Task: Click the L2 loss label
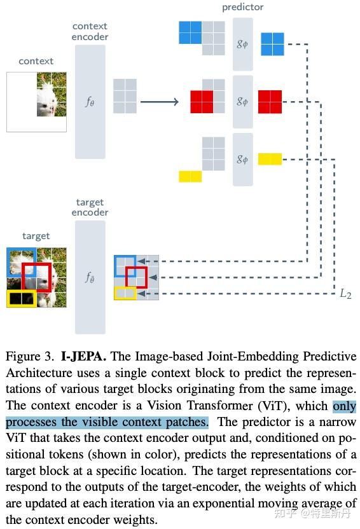click(344, 293)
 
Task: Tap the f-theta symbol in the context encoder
click(90, 101)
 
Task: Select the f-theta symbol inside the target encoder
click(90, 277)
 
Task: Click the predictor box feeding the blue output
click(242, 44)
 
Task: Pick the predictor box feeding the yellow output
click(242, 159)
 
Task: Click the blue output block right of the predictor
click(272, 44)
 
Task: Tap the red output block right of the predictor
click(269, 102)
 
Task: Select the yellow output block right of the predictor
click(269, 159)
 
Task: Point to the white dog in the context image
click(51, 99)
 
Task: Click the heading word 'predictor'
click(242, 7)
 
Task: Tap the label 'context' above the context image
click(36, 61)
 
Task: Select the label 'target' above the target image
click(36, 236)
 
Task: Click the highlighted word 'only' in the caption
click(344, 406)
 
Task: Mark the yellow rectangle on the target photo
click(20, 298)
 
